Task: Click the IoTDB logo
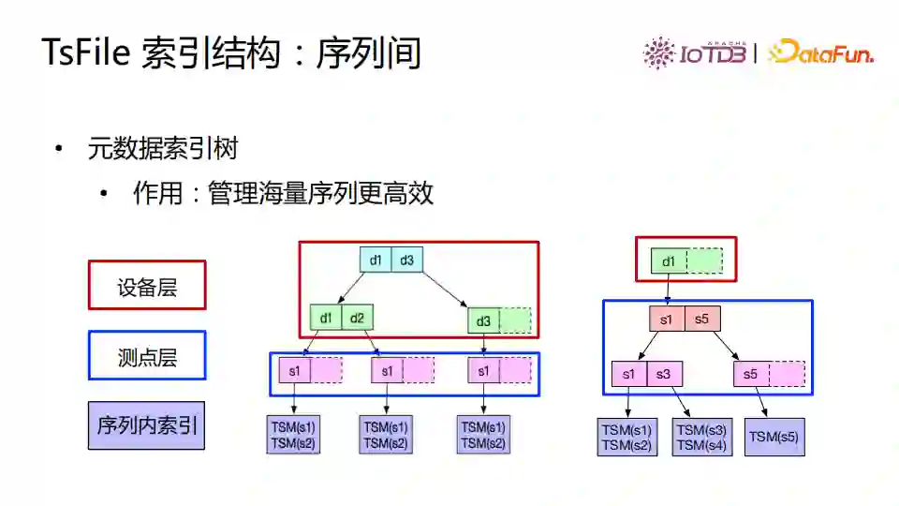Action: click(694, 52)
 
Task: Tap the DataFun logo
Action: click(820, 52)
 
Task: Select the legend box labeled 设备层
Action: click(147, 285)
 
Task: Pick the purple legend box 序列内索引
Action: click(147, 425)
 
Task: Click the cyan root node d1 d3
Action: click(391, 260)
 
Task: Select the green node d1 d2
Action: click(342, 319)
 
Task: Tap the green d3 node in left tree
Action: click(499, 321)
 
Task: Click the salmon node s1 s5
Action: click(684, 319)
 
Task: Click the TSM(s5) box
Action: click(774, 437)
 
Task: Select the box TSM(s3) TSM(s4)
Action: click(702, 438)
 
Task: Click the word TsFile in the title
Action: click(86, 52)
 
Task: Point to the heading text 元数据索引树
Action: click(163, 149)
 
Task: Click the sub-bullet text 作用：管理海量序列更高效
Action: click(283, 193)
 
